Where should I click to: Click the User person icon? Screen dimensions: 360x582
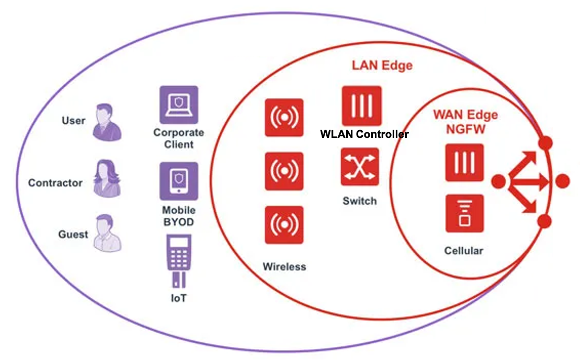coord(107,122)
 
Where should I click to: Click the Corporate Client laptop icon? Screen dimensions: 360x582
coord(179,105)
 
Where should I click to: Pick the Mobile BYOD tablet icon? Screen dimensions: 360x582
coord(179,181)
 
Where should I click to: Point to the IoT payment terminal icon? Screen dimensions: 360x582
coord(179,260)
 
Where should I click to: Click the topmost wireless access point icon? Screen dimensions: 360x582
coord(284,118)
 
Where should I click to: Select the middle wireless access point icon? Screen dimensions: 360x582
coord(284,171)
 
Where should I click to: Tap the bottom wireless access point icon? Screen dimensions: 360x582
coord(284,225)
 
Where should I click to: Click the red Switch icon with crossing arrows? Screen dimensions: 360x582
coord(360,167)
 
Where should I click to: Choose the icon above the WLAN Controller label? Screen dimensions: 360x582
coord(361,106)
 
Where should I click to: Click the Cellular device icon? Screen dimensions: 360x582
coord(464,213)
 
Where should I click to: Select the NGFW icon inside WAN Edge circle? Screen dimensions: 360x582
coord(464,162)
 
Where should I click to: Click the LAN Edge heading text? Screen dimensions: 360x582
coord(382,65)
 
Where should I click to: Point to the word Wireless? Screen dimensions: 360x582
coord(284,266)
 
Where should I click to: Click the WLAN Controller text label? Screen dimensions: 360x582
coord(364,134)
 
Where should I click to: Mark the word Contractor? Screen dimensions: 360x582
coord(55,183)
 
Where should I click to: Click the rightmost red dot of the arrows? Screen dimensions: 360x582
coord(562,181)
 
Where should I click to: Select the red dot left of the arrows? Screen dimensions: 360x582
coord(499,181)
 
